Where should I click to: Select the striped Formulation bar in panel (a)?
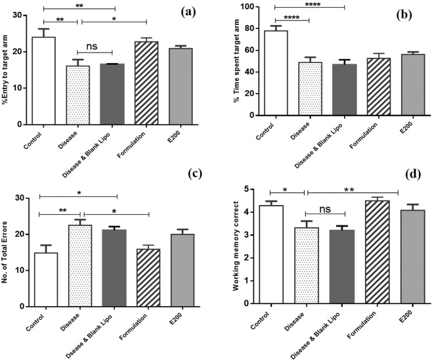tap(146, 83)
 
